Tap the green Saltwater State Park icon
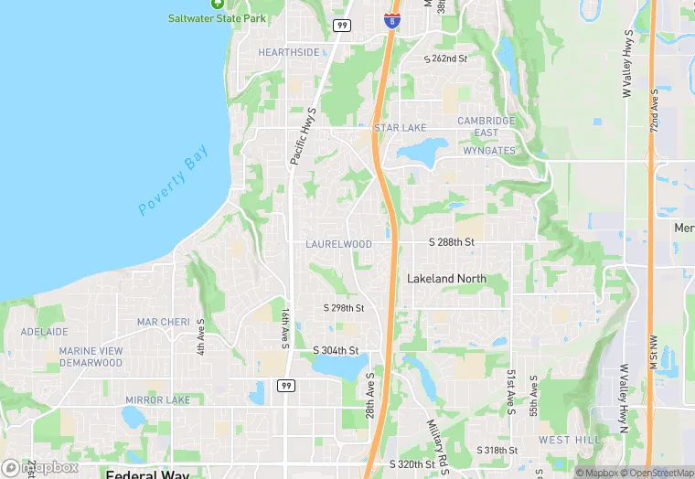[x=217, y=4]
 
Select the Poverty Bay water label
[x=174, y=183]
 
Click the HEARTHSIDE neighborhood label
[x=289, y=53]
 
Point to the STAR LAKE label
[x=400, y=128]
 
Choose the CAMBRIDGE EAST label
[x=486, y=127]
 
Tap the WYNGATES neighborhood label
[x=489, y=151]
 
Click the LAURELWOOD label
[x=338, y=245]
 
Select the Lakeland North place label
[x=446, y=278]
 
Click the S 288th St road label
[x=452, y=242]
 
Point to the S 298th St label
[x=344, y=308]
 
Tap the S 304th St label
[x=336, y=350]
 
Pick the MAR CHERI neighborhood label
[x=163, y=323]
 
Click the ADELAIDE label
[x=44, y=332]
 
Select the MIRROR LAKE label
[x=158, y=400]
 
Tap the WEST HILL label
[x=568, y=440]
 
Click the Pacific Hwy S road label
[x=303, y=136]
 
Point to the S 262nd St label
[x=445, y=59]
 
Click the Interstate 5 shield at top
[x=391, y=19]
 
